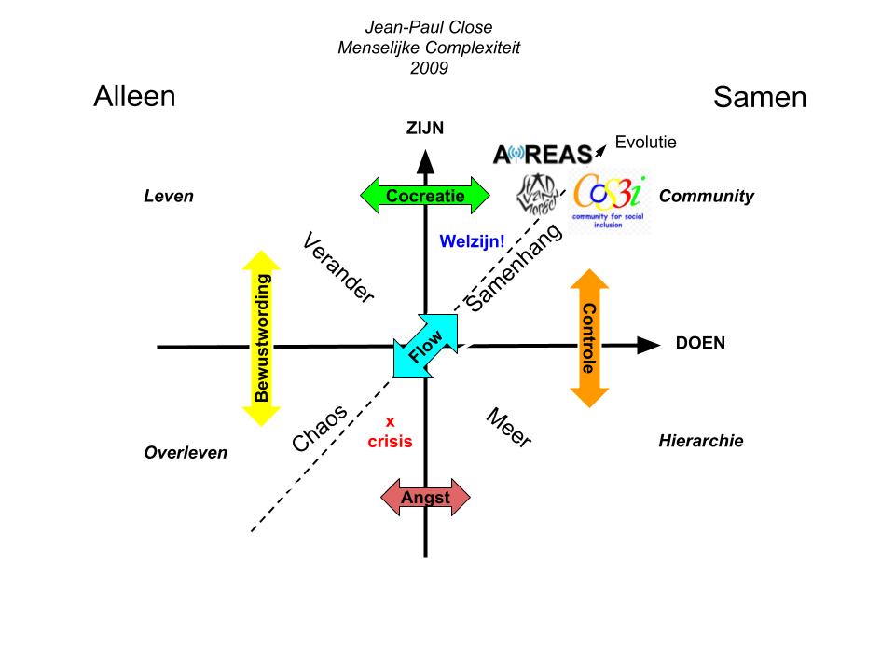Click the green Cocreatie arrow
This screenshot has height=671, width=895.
(424, 196)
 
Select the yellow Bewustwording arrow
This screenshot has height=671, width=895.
(262, 337)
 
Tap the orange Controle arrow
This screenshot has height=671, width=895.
(588, 337)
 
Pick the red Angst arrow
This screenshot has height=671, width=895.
(425, 498)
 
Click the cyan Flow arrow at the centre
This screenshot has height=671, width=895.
(426, 346)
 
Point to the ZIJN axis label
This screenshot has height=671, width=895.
(425, 130)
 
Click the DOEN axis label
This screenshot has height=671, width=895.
(700, 343)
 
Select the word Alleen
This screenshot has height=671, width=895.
(134, 96)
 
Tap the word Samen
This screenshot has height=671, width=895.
(760, 97)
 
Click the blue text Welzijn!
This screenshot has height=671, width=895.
(472, 241)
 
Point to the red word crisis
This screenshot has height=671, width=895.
(390, 441)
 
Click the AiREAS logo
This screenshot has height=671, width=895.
(542, 154)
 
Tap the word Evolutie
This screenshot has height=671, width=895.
(645, 143)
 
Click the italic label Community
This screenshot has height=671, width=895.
(706, 197)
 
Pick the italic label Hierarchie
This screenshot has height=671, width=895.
(700, 441)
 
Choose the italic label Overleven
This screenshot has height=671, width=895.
(186, 453)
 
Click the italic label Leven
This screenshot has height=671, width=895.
(169, 197)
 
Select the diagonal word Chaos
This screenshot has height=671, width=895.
(320, 429)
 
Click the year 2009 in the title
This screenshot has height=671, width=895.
(429, 68)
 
